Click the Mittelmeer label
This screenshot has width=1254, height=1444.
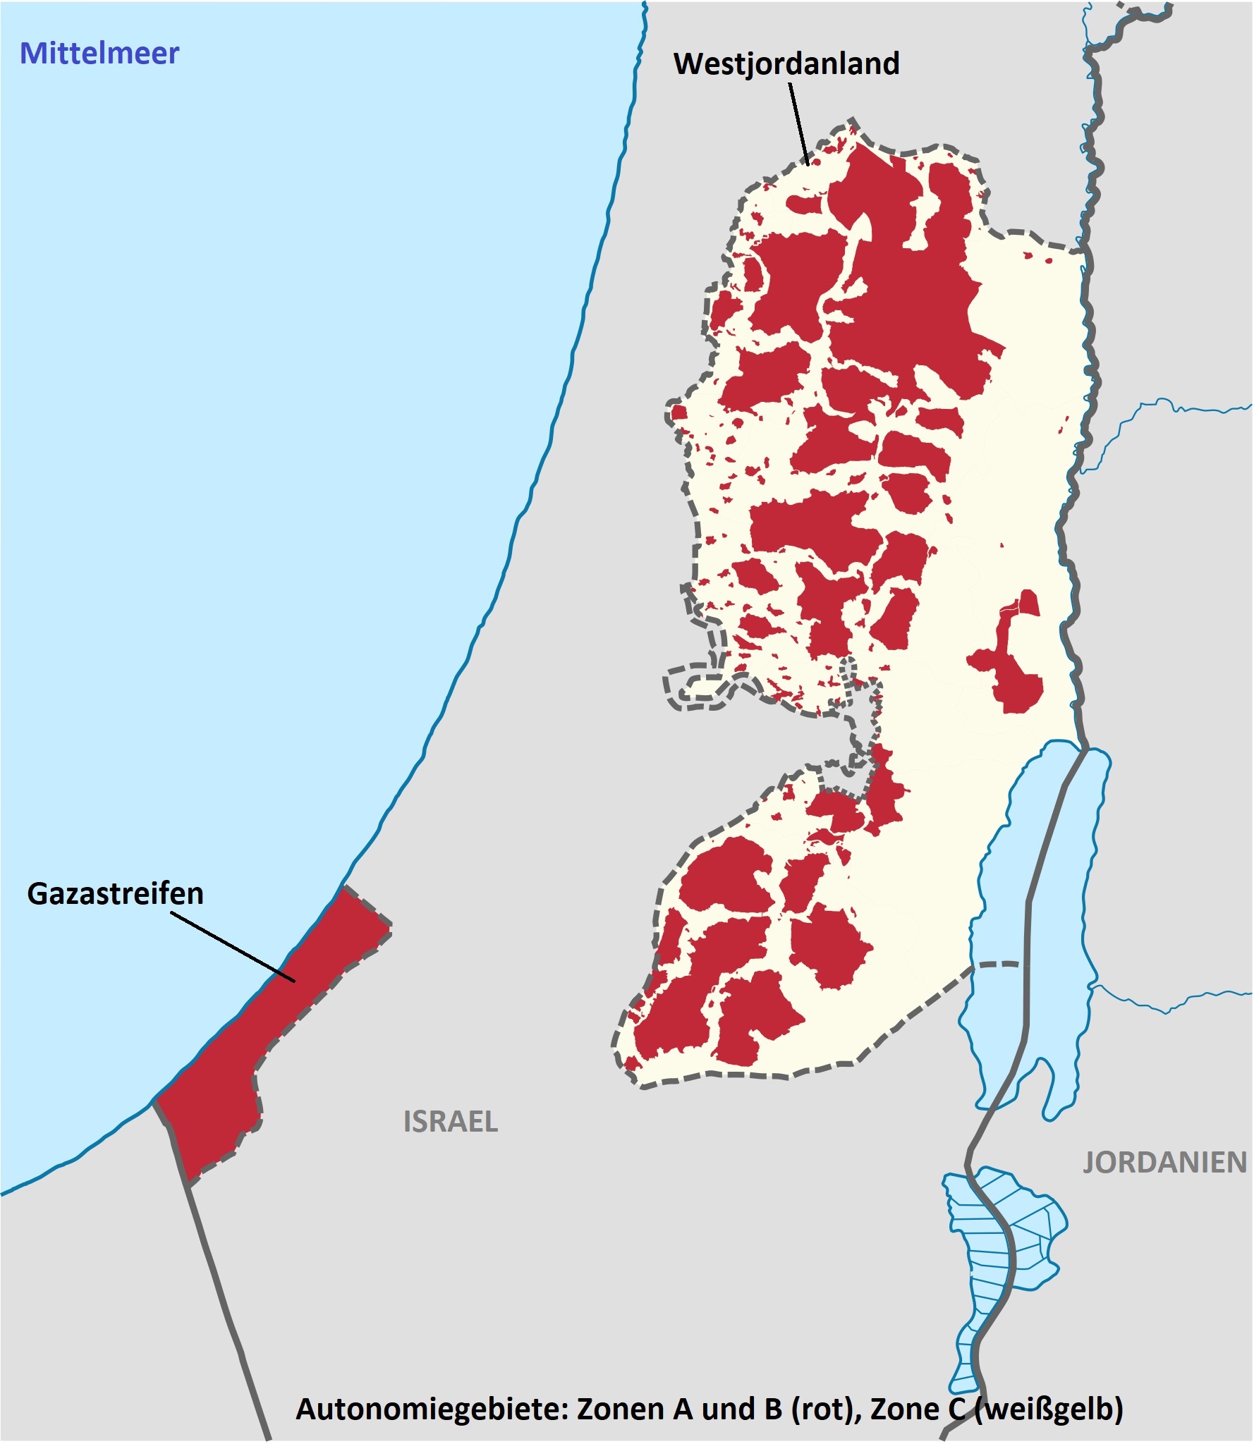pos(99,54)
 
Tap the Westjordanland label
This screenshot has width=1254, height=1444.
pos(786,63)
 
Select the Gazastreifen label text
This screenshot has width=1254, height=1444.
pos(115,893)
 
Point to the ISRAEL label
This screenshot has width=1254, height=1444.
pos(450,1122)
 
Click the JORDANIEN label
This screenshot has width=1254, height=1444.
pos(1164,1163)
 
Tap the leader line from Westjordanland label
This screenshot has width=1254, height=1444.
pos(799,123)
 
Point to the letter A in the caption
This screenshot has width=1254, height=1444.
pos(683,1409)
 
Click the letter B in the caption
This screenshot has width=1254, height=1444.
pos(774,1409)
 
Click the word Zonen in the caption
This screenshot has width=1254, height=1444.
pos(620,1409)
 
